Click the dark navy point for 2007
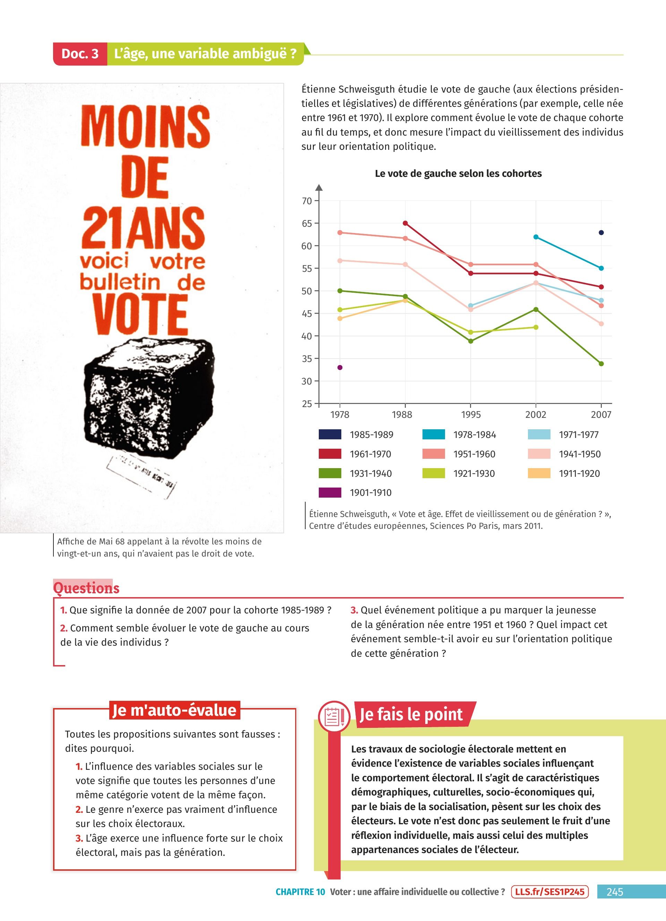(x=601, y=233)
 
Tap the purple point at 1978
(x=340, y=368)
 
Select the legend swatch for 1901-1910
(x=330, y=493)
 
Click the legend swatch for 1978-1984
(x=433, y=434)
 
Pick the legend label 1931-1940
(x=371, y=473)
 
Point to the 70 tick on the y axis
(x=307, y=201)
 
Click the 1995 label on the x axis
(x=471, y=415)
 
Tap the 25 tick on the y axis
(x=307, y=404)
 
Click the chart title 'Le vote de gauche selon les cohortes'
(x=458, y=173)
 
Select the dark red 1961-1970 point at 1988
(x=405, y=223)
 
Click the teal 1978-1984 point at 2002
(x=536, y=237)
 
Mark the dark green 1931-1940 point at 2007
(x=601, y=364)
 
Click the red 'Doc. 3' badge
(x=80, y=54)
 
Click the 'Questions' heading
(x=86, y=588)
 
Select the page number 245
(x=614, y=892)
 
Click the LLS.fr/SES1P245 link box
(x=549, y=892)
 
